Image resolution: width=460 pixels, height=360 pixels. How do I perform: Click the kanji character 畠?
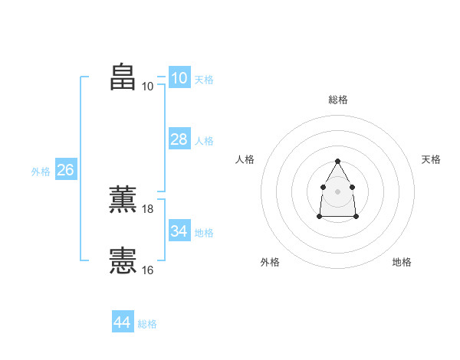coord(123,77)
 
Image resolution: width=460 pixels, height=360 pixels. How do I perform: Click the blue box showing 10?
coord(179,78)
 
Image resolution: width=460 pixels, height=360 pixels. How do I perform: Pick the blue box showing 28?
coord(179,139)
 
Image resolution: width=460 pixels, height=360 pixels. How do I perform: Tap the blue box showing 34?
coord(179,231)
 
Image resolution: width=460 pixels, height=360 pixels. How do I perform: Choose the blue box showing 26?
coord(65,170)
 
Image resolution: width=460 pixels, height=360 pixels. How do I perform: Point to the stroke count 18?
coord(148,208)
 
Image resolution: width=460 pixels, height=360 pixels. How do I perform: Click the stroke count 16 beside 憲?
coord(148,270)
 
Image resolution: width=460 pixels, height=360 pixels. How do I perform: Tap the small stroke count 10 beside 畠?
coord(148,86)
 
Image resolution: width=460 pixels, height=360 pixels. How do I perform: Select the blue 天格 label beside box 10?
coord(204,80)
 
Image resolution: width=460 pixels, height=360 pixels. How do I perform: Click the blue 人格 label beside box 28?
coord(204,141)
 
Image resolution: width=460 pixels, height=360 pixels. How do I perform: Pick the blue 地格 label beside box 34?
coord(204,233)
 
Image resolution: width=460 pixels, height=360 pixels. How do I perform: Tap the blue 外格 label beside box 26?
coord(41,172)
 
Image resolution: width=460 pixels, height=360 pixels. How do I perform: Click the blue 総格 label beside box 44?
coord(147,324)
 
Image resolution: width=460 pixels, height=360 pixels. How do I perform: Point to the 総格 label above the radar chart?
coord(338,100)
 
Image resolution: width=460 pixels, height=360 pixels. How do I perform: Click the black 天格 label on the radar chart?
coord(431,159)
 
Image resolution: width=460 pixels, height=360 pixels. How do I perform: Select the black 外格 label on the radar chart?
coord(270,262)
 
